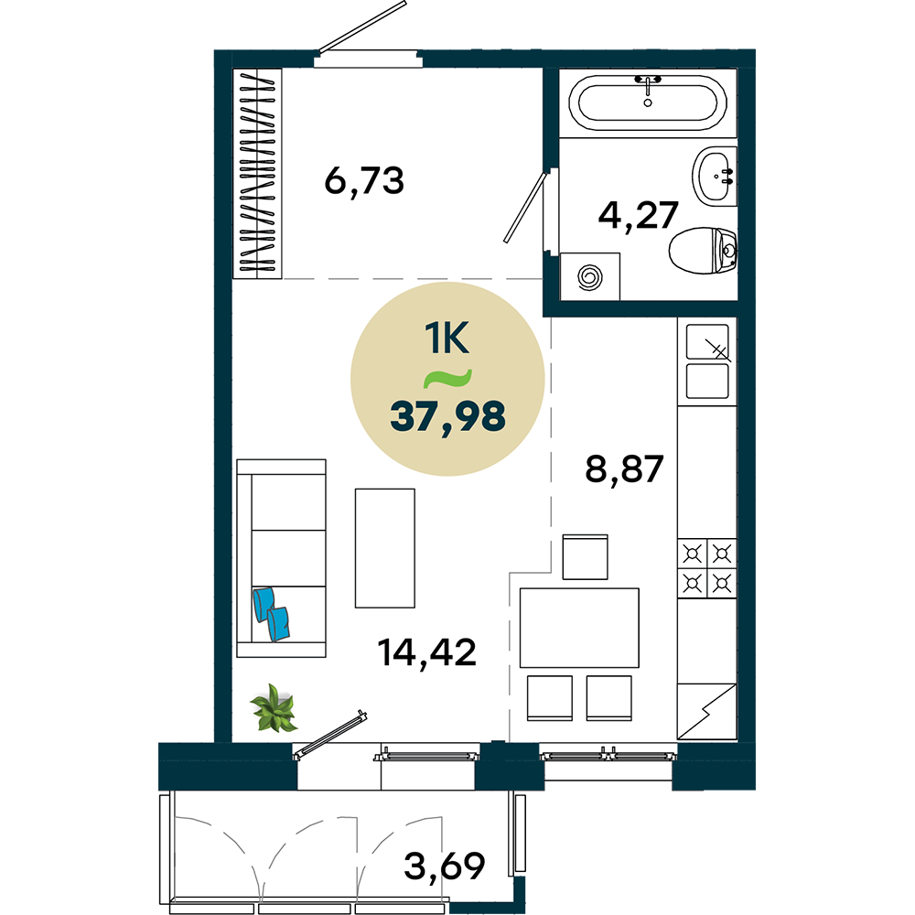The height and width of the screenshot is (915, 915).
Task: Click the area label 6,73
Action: pos(364,181)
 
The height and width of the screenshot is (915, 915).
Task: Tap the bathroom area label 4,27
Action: pos(638,215)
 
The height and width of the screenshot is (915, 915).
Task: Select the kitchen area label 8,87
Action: pos(624,468)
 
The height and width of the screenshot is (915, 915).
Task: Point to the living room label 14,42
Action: pos(426,651)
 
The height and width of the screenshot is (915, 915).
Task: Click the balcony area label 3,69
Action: pos(444,866)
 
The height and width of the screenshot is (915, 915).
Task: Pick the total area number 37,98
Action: pos(447,416)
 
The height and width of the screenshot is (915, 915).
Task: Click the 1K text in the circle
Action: pos(447,338)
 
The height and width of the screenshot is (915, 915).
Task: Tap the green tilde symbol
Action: pos(447,379)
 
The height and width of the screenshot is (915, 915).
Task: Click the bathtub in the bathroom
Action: pos(647,102)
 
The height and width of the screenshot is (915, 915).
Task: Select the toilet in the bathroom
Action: pos(703,251)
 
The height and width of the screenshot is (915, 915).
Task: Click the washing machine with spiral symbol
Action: pos(589,276)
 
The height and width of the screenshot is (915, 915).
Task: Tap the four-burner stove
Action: pos(706,568)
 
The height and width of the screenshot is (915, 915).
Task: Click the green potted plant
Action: pos(274,708)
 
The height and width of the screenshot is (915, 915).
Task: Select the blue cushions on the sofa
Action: pos(272,614)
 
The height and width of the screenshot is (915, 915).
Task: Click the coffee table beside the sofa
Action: pos(385,548)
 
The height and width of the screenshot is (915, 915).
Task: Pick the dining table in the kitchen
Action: pos(579,628)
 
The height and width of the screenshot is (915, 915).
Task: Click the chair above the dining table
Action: pos(585,556)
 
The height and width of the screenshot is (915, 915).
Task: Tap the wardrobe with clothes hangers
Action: pos(257,173)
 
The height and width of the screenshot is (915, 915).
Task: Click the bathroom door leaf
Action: pos(525,208)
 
